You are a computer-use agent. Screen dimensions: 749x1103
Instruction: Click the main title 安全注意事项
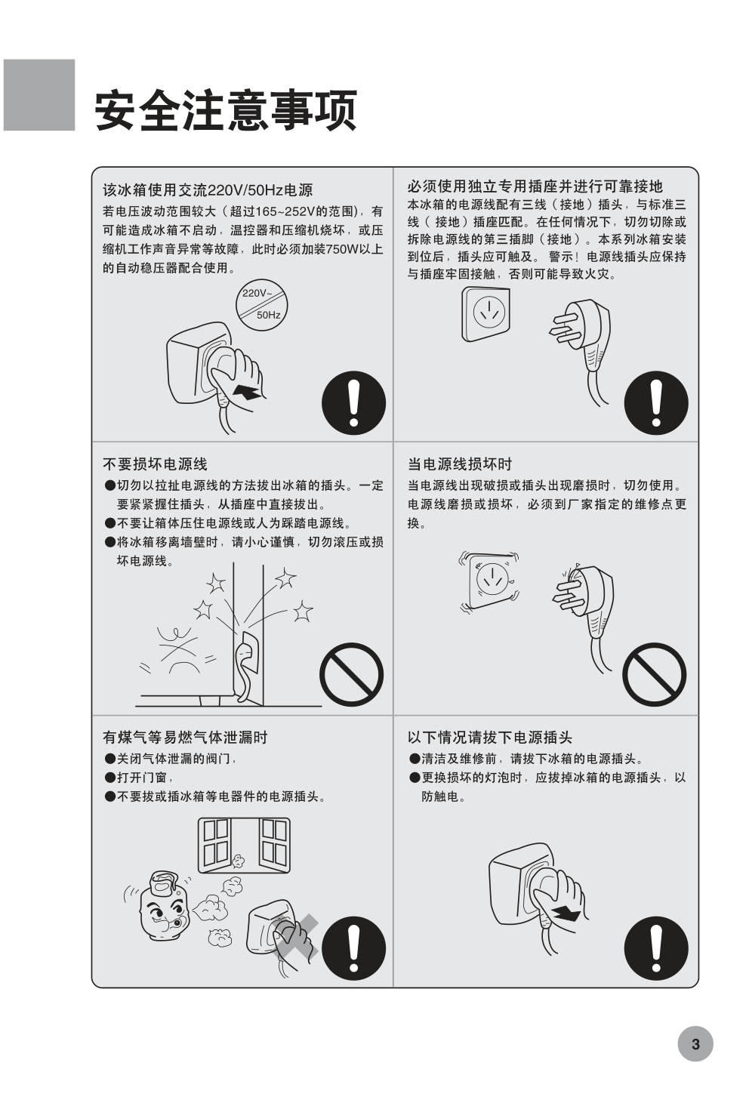tap(226, 109)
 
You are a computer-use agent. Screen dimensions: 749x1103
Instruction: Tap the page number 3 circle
tap(695, 1044)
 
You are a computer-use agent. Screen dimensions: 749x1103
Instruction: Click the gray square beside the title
tap(39, 95)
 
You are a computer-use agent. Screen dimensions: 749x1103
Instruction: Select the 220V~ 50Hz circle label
tap(261, 303)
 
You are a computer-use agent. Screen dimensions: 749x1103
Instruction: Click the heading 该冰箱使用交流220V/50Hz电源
tap(208, 190)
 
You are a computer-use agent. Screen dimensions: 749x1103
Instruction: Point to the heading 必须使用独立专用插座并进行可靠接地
tap(535, 186)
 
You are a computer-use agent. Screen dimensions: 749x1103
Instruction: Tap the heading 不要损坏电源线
tap(155, 464)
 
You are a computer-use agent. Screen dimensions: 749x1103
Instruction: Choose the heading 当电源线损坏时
tap(460, 464)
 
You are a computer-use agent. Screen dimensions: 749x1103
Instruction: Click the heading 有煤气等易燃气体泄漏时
tap(185, 737)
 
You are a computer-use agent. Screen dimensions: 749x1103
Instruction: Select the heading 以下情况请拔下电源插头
tap(489, 737)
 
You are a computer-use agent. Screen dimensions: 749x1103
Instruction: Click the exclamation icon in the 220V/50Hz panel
tap(353, 403)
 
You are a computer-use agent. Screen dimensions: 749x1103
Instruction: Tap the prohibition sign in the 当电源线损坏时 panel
tap(654, 674)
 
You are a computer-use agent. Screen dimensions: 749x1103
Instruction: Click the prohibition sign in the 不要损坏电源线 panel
tap(352, 674)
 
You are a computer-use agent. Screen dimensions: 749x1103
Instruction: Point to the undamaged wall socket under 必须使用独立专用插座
tap(485, 314)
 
